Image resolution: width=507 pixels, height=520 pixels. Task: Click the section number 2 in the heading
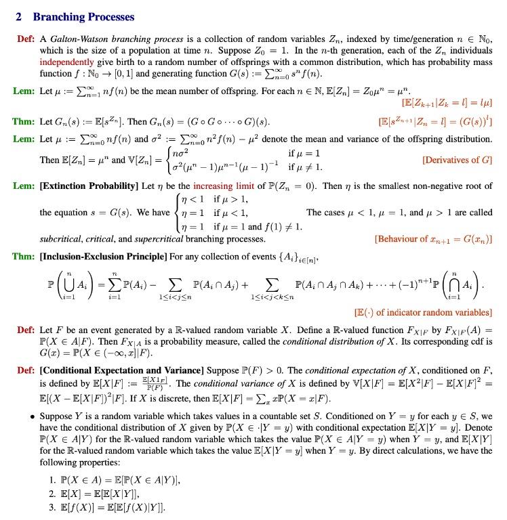pos(18,17)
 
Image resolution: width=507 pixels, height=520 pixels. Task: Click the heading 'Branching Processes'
pos(83,17)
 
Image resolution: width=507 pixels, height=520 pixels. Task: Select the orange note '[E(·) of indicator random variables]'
pos(424,312)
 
